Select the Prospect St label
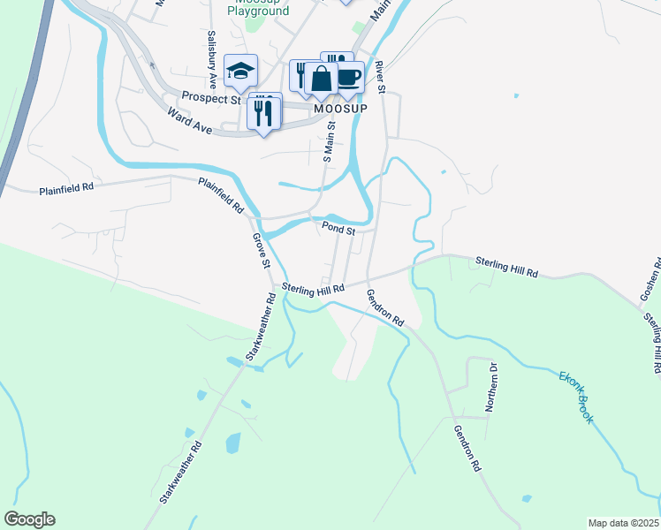tap(210, 99)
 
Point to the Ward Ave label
tap(190, 119)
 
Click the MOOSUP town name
tap(341, 108)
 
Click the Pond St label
tap(338, 229)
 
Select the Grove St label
tap(260, 251)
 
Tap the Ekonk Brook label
tap(575, 397)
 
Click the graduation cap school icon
tap(240, 72)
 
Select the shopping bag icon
tap(322, 79)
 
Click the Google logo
tap(29, 519)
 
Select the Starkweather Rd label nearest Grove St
tap(262, 327)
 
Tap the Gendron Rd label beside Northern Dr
tap(466, 447)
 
